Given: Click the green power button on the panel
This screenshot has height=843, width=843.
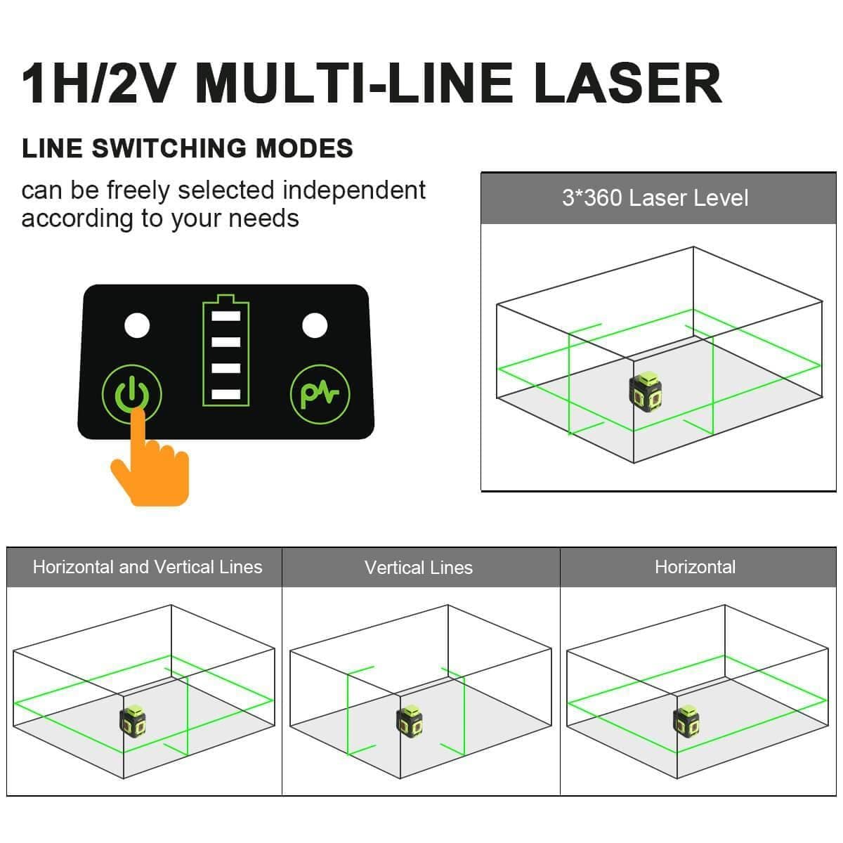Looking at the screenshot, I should click(x=132, y=394).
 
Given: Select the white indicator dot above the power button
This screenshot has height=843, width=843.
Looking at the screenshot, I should click(x=137, y=325).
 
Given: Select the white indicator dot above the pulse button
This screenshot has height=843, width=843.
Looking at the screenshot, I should click(x=315, y=325).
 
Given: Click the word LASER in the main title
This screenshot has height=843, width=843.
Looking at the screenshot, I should click(x=627, y=84).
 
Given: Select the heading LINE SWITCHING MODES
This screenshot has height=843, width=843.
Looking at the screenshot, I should click(x=188, y=148).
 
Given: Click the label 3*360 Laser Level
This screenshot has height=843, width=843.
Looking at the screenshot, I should click(x=655, y=198).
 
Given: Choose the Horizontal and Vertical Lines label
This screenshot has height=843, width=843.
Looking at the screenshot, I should click(x=148, y=567).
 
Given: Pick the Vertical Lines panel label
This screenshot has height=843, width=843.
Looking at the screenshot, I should click(x=419, y=568).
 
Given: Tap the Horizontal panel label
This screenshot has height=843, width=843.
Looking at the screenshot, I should click(x=695, y=567).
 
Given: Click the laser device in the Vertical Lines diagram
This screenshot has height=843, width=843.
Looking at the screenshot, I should click(x=410, y=721).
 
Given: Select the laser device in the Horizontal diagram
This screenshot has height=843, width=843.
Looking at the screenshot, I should click(x=686, y=721).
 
